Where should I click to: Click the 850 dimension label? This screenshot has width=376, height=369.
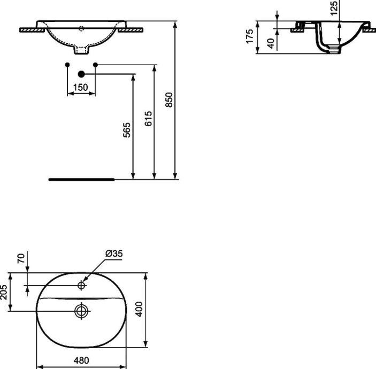point(168,100)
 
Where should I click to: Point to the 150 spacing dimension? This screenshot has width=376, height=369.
point(81,87)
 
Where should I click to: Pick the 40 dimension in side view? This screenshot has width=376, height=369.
point(271,43)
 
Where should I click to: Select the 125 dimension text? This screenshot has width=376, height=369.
point(334,9)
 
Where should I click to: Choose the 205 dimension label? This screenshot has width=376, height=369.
point(5,291)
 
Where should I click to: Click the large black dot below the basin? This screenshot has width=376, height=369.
point(81,74)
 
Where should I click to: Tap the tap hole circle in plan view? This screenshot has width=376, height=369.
point(81,286)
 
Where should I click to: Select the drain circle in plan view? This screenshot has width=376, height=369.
point(81,310)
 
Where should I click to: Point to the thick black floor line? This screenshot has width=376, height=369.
point(81,180)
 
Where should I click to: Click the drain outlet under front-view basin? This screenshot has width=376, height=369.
point(82,52)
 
